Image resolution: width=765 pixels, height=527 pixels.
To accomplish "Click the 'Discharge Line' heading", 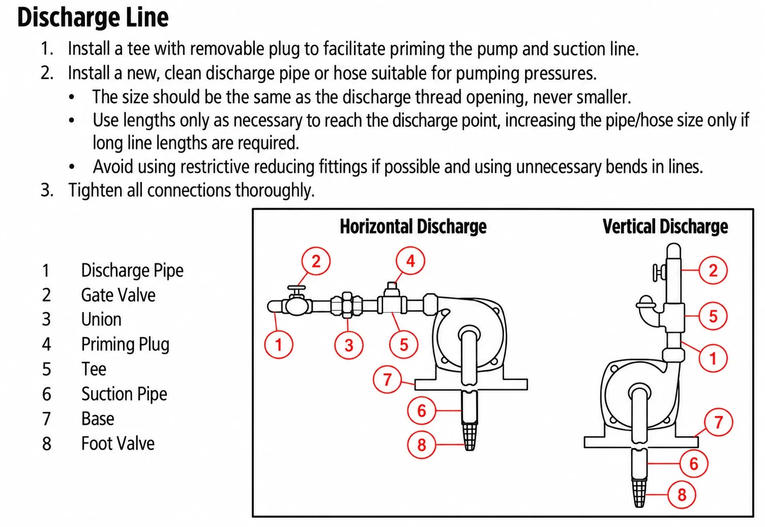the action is tap(93, 18).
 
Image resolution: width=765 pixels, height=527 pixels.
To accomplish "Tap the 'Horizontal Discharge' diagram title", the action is tap(413, 227).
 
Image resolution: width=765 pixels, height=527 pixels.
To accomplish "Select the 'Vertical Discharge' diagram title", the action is tap(665, 227).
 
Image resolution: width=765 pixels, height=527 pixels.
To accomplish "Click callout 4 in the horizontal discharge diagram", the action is tap(410, 261).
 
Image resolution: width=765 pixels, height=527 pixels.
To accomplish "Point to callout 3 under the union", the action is tap(349, 345).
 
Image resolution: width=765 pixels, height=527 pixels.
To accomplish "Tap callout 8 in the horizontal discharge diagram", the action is tap(422, 444).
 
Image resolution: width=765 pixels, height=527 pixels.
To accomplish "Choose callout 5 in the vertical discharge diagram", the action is tap(713, 316).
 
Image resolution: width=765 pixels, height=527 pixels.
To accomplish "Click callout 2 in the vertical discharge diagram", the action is tap(713, 270).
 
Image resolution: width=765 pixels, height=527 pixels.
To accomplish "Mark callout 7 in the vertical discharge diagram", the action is tap(718, 422).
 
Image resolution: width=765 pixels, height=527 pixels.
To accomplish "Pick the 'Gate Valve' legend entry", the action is tap(118, 295).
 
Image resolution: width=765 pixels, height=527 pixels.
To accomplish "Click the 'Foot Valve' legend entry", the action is tap(118, 443).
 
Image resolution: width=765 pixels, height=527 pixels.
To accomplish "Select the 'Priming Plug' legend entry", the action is tap(125, 344).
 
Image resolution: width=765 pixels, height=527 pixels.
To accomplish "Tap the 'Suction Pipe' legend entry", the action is tap(124, 394).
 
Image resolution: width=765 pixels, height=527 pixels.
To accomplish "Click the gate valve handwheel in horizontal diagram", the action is tap(296, 288).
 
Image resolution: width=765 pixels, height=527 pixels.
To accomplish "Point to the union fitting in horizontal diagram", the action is tap(347, 305).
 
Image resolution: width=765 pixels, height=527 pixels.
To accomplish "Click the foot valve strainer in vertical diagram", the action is tap(639, 494).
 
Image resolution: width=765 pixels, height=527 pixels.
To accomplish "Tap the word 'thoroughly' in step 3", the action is tap(275, 190).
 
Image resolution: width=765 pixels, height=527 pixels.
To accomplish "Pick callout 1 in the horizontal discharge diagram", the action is tap(279, 344).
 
